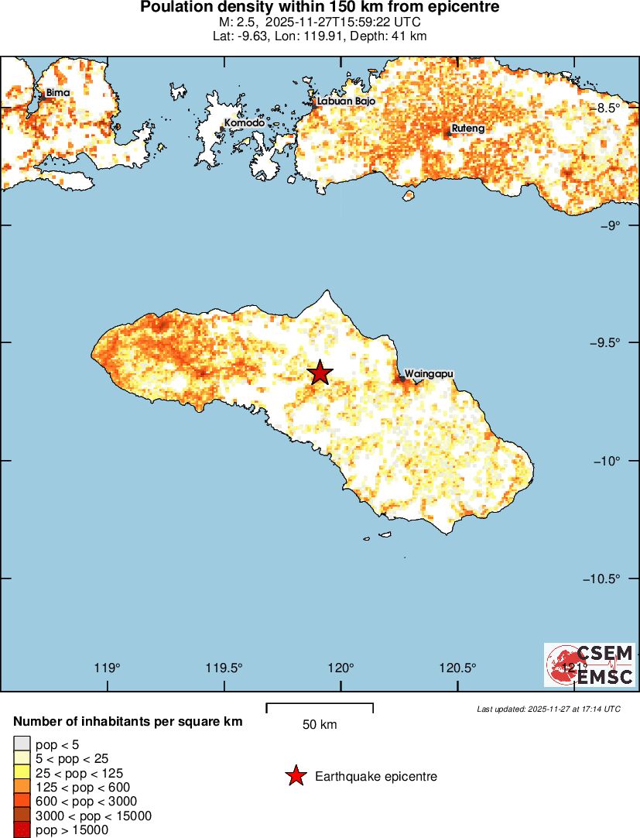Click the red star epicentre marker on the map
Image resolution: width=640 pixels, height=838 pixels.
tap(320, 373)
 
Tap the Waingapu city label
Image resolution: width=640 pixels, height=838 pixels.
tap(428, 373)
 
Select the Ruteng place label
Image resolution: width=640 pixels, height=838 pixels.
tap(468, 129)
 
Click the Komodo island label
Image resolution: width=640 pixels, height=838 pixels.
tap(245, 123)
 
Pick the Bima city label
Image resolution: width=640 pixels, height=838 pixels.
tap(58, 93)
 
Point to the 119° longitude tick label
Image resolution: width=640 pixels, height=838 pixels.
tap(108, 668)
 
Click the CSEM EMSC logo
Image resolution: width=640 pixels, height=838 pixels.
tap(590, 665)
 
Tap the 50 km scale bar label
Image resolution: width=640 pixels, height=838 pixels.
tap(320, 725)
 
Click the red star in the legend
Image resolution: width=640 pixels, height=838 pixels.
tap(296, 776)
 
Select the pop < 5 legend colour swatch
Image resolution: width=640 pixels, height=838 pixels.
tap(22, 744)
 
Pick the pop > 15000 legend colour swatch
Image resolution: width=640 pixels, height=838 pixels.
tap(22, 830)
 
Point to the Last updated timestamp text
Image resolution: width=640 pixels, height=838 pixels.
tap(549, 709)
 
